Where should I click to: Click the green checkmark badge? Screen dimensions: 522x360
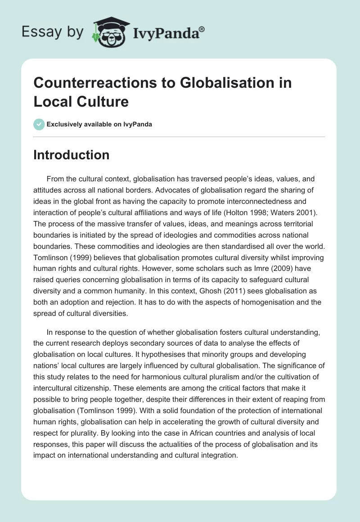click(39, 124)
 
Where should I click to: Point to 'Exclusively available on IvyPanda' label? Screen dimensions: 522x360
click(100, 124)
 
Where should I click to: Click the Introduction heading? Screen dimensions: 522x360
click(71, 155)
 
